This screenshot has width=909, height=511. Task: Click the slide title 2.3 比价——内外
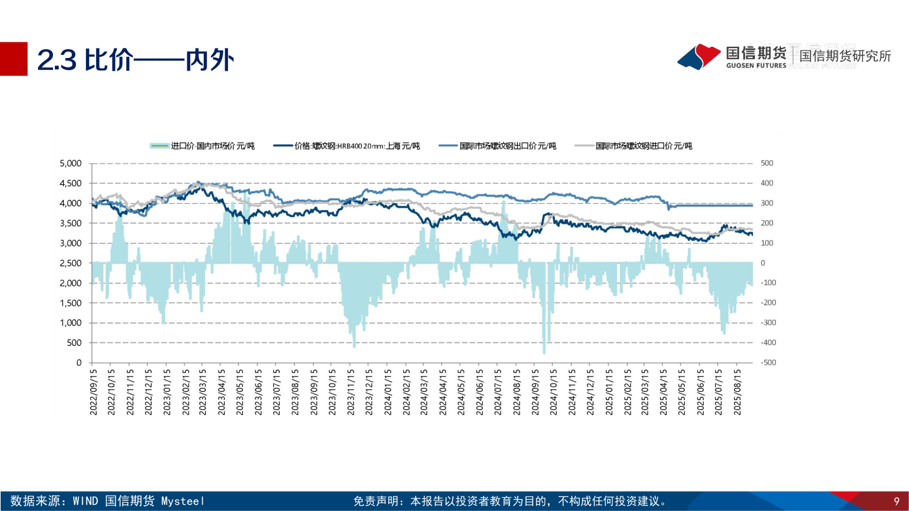135,60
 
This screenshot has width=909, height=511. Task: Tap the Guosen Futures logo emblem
699,56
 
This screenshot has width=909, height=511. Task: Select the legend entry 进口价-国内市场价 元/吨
202,146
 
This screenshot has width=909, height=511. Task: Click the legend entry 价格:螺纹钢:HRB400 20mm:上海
347,146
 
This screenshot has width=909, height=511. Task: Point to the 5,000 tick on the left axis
70,163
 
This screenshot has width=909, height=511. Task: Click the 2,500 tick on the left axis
70,263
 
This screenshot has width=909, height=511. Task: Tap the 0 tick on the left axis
79,363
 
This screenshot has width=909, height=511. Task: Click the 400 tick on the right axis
766,183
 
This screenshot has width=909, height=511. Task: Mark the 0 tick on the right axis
763,263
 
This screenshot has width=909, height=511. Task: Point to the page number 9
896,502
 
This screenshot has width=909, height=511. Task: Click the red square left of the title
13,59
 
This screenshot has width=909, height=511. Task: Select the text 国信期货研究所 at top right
845,56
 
